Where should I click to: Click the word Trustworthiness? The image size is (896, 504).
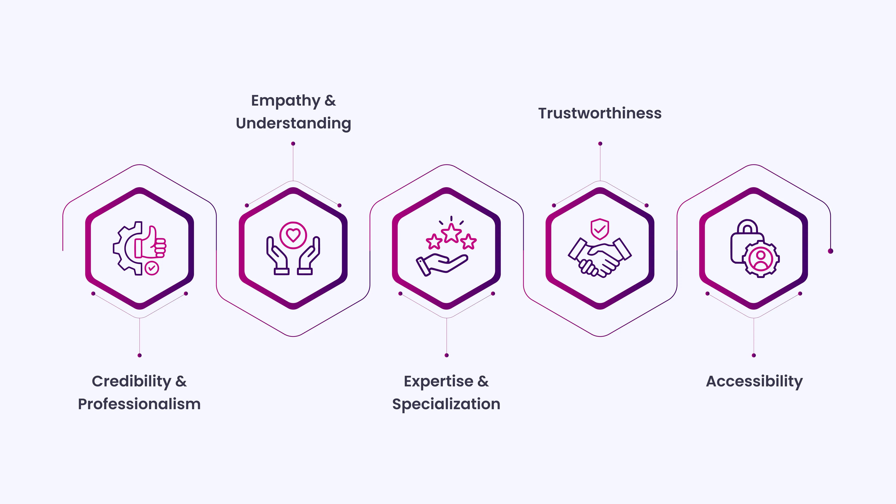point(600,113)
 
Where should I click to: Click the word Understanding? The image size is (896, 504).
point(293,123)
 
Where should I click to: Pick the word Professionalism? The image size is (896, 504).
point(139,404)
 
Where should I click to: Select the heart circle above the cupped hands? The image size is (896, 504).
point(293,235)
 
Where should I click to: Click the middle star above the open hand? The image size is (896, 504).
point(451,233)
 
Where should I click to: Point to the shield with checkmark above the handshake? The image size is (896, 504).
point(600,229)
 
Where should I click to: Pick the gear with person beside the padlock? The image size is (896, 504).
point(761,259)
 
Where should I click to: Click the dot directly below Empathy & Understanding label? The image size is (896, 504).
point(293,144)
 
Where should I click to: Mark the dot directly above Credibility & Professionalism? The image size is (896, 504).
point(139,355)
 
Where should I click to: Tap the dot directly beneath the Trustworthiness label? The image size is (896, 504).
point(600,144)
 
